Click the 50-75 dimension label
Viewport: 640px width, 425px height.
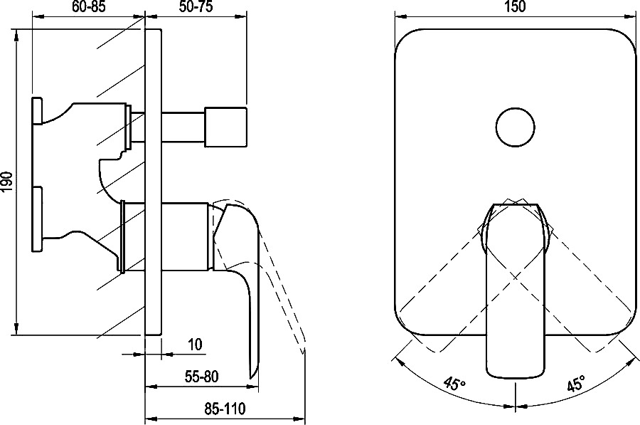(x=196, y=7)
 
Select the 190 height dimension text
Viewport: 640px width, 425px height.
(x=8, y=182)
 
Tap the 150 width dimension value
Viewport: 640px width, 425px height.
(x=515, y=6)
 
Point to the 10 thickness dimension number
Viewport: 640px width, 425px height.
(x=196, y=344)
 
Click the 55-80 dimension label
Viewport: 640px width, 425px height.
(x=201, y=377)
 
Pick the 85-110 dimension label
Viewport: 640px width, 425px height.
(x=224, y=408)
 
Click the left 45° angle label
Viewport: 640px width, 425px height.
(x=454, y=384)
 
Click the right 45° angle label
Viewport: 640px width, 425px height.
(x=575, y=384)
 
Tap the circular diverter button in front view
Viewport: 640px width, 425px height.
(x=516, y=127)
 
